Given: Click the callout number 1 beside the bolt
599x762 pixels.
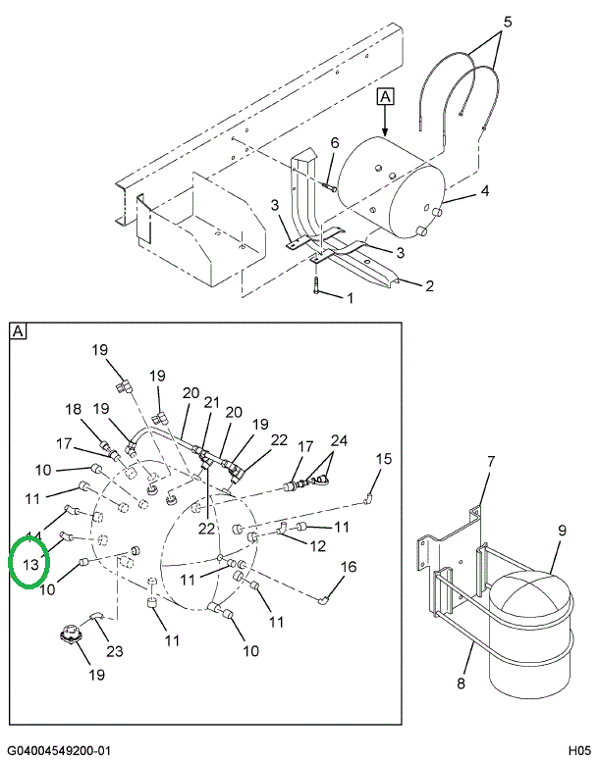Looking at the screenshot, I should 349,298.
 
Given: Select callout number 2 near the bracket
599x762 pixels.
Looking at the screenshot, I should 428,286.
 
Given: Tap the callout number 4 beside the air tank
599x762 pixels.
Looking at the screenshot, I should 484,192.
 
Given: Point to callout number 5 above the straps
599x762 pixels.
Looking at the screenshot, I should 507,21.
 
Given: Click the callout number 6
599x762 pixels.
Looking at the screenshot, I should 334,143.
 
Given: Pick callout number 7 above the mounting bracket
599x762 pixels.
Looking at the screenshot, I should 491,461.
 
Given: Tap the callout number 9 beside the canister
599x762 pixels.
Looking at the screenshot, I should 563,532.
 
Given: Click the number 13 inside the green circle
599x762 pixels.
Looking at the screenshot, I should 30,564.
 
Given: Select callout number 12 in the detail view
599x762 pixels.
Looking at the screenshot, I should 318,545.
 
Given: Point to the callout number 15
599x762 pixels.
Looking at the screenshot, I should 384,458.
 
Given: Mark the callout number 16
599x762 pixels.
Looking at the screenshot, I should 349,567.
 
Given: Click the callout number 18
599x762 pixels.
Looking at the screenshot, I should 74,409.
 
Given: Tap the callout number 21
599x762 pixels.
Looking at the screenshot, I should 211,402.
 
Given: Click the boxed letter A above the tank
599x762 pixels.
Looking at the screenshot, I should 385,96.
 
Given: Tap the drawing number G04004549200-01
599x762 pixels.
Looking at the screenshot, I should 61,751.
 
